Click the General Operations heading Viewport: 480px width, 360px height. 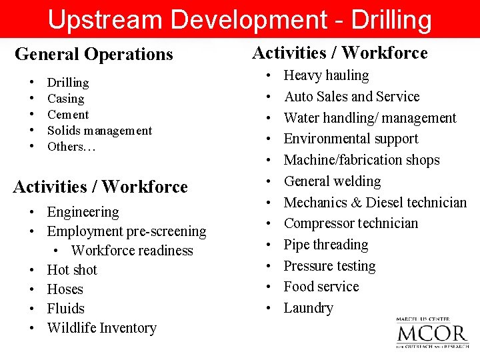pyautogui.click(x=93, y=54)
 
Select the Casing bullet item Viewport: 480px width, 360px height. pyautogui.click(x=65, y=99)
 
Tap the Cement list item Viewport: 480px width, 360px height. pyautogui.click(x=68, y=115)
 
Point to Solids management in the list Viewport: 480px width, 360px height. pyautogui.click(x=99, y=131)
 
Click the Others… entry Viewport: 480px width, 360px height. pyautogui.click(x=71, y=147)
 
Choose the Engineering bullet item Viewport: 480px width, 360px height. pyautogui.click(x=83, y=212)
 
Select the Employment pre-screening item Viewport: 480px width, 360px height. pyautogui.click(x=126, y=231)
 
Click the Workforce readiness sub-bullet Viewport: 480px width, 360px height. pyautogui.click(x=132, y=251)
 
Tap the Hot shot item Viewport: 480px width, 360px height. pyautogui.click(x=72, y=270)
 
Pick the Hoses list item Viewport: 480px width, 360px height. pyautogui.click(x=65, y=289)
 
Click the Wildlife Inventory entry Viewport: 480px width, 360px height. pyautogui.click(x=101, y=328)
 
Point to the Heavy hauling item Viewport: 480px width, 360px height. pyautogui.click(x=326, y=75)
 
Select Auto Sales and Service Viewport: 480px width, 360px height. pyautogui.click(x=351, y=97)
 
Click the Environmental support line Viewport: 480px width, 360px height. pyautogui.click(x=351, y=139)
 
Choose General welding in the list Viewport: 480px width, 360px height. pyautogui.click(x=332, y=181)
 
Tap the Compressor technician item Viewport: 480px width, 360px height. pyautogui.click(x=351, y=223)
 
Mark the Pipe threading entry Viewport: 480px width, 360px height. pyautogui.click(x=325, y=245)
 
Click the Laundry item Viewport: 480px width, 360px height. pyautogui.click(x=308, y=308)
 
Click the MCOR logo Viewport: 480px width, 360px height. pyautogui.click(x=431, y=333)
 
